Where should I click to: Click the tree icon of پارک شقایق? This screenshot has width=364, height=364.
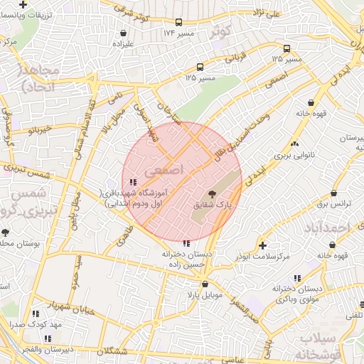tap(212, 194)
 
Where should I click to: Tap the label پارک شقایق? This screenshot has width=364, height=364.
tap(213, 205)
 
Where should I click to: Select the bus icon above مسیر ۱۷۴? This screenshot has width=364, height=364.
tap(178, 23)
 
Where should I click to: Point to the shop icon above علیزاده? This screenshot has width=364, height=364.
tap(124, 33)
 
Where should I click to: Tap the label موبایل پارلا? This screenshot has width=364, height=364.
tap(205, 293)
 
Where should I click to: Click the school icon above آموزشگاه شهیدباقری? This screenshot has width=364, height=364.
tap(134, 182)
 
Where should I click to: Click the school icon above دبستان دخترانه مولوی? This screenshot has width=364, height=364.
tap(297, 278)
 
